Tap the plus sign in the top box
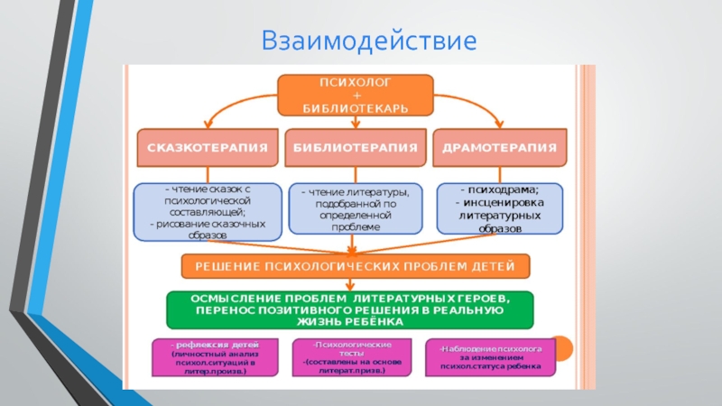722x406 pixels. pyautogui.click(x=356, y=95)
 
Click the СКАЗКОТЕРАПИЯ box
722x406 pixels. pyautogui.click(x=207, y=146)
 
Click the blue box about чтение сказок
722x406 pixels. pyautogui.click(x=207, y=210)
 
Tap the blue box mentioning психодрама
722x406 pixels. pyautogui.click(x=499, y=209)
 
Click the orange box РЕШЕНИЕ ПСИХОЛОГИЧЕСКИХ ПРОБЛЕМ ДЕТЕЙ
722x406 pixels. pyautogui.click(x=356, y=266)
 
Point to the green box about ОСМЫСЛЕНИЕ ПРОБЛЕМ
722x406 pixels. pyautogui.click(x=350, y=309)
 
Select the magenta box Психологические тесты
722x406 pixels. pyautogui.click(x=351, y=356)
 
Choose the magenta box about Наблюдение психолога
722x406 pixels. pyautogui.click(x=491, y=357)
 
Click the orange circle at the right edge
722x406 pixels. pyautogui.click(x=560, y=347)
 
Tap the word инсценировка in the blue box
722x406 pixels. pyautogui.click(x=500, y=203)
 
